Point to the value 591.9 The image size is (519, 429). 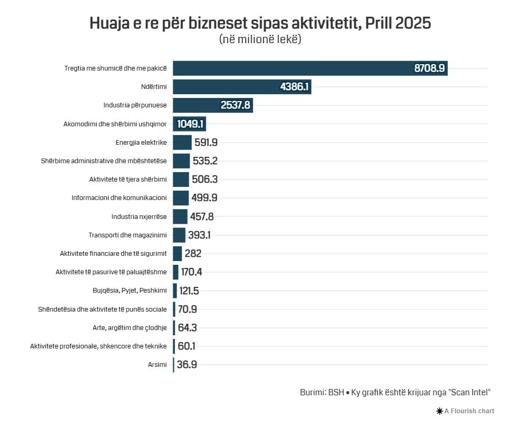tap(206, 142)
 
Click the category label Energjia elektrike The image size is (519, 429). tap(141, 142)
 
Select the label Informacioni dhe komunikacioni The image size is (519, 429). tap(119, 198)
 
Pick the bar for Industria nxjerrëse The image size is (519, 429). tap(180, 216)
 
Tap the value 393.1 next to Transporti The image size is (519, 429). tap(199, 235)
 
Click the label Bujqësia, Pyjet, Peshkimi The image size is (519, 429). tap(130, 291)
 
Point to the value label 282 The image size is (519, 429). tap(193, 254)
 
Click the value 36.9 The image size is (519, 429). tap(187, 365)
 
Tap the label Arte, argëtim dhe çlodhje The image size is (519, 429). tap(130, 328)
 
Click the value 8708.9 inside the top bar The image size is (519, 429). tap(430, 68)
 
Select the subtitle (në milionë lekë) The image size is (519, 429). tap(260, 39)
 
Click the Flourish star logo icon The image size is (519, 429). tap(439, 411)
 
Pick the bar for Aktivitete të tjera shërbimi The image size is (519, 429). tap(181, 179)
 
